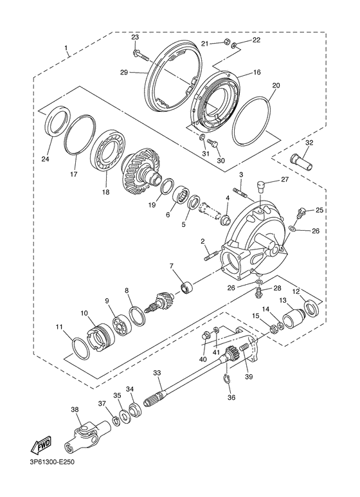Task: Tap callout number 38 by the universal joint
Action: coord(75,410)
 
